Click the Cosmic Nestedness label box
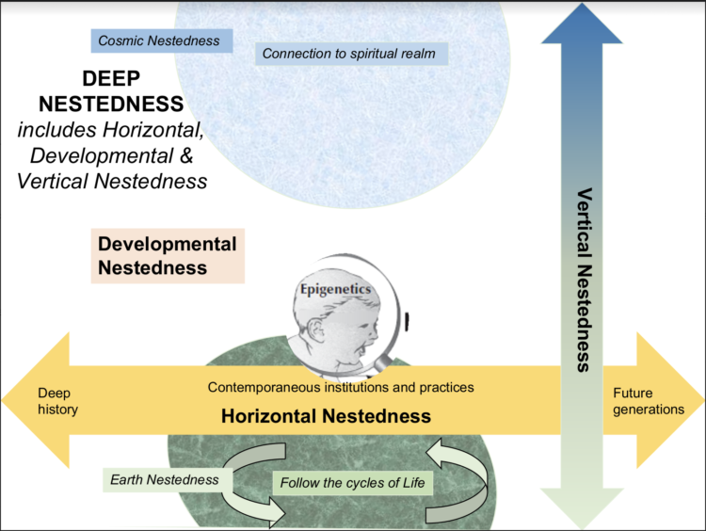(x=159, y=40)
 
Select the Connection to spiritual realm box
(x=348, y=54)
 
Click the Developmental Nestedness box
(x=168, y=256)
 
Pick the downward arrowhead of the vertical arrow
(x=583, y=508)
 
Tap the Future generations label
(x=648, y=401)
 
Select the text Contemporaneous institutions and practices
(x=340, y=387)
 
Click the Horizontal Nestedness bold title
(x=326, y=415)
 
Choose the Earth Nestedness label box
(x=164, y=480)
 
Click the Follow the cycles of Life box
(x=353, y=484)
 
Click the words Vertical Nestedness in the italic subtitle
(x=112, y=181)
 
